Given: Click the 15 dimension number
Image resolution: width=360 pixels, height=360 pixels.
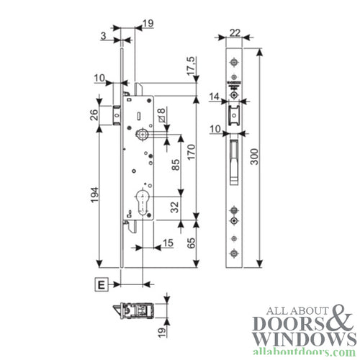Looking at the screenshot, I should (x=168, y=243).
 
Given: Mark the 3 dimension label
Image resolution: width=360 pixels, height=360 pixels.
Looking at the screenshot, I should (x=104, y=35).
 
